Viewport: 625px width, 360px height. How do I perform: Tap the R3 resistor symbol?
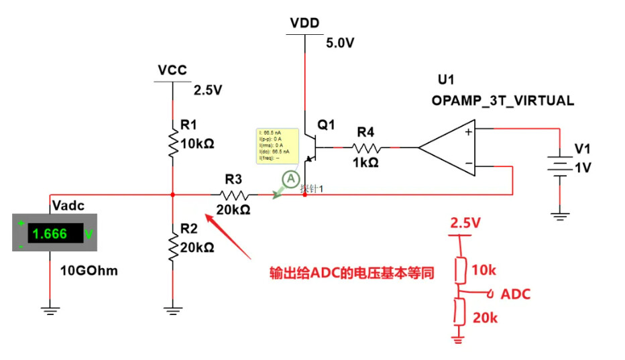(234, 195)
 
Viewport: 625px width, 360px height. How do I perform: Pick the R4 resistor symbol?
(367, 147)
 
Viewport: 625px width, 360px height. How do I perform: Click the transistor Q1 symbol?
(310, 147)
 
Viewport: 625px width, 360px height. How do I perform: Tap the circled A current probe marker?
(290, 179)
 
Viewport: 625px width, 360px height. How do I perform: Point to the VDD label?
(304, 23)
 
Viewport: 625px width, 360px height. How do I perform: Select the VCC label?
(172, 70)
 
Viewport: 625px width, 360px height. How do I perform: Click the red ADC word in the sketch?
(516, 294)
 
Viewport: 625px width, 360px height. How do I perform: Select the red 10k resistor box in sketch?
(460, 269)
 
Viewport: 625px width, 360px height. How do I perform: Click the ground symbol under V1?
(559, 215)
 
